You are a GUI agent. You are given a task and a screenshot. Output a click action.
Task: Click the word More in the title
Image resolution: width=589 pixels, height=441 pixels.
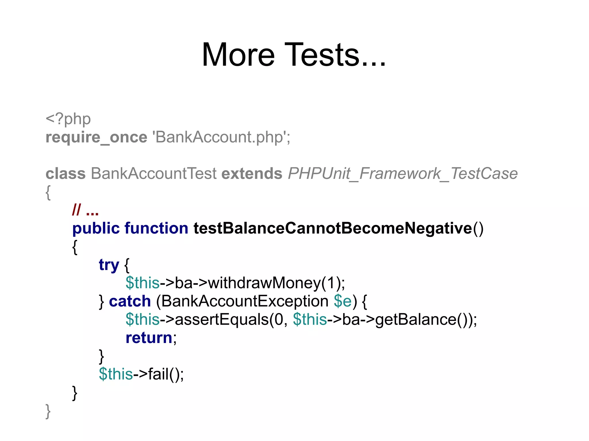point(238,55)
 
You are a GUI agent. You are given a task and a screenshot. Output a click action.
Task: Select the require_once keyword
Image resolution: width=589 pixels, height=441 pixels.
point(96,137)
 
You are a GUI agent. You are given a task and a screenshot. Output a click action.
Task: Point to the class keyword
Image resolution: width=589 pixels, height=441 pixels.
point(66,174)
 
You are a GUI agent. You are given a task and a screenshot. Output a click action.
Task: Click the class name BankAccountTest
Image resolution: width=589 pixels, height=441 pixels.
point(154,174)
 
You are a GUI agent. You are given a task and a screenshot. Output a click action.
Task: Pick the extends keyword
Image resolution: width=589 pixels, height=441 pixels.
point(252,174)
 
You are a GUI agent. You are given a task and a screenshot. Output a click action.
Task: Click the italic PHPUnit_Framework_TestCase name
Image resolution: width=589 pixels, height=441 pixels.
point(403,174)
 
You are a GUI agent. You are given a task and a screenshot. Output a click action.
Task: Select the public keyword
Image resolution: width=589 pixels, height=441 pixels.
point(96,228)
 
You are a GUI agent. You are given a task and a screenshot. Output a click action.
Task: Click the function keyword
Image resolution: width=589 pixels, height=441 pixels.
point(156,228)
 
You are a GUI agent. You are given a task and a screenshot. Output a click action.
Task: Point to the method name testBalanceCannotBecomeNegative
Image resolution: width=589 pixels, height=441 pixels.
point(333,228)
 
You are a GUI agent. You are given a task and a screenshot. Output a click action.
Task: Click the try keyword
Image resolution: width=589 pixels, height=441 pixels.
point(109,265)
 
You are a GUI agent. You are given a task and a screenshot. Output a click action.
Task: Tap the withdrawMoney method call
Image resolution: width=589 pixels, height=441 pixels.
point(264,283)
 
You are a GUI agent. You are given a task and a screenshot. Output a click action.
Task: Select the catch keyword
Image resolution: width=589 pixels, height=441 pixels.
point(130,301)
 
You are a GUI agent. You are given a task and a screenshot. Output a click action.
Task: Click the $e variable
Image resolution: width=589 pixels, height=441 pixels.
point(343,301)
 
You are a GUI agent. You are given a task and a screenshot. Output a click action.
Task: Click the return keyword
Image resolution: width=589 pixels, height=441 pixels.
point(149,338)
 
